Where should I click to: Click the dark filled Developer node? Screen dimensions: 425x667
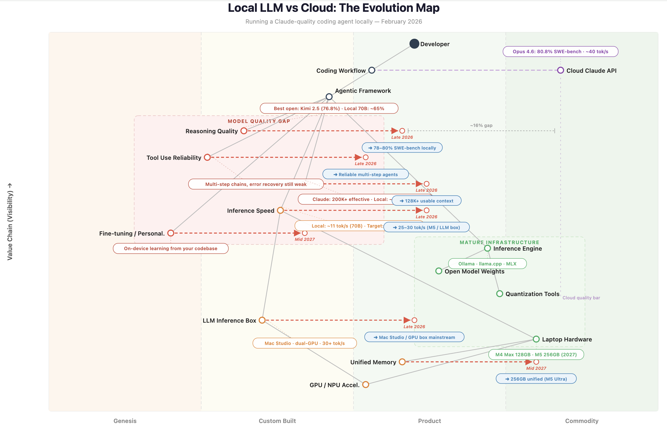[414, 44]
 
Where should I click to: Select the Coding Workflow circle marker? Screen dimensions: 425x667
[372, 70]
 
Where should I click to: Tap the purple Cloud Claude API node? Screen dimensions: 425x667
[560, 70]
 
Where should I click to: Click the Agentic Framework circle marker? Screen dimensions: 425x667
[329, 97]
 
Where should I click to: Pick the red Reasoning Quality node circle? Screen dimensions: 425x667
[244, 131]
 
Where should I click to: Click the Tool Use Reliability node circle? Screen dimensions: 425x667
[207, 157]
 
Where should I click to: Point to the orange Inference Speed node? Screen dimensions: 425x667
[280, 210]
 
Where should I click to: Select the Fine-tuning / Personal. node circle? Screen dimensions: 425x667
[171, 233]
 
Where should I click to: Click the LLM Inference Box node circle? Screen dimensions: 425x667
[262, 320]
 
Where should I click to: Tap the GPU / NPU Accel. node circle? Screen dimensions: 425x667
[366, 385]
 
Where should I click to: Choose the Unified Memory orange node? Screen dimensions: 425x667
[402, 362]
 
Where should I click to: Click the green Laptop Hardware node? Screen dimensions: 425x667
[536, 339]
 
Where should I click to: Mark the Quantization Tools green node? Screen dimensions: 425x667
[499, 294]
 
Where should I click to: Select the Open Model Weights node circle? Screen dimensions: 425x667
[439, 271]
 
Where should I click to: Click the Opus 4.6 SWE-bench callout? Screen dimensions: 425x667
[560, 52]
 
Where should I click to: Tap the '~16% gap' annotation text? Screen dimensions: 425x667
[481, 125]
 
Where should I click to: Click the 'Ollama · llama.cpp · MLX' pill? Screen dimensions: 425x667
[487, 263]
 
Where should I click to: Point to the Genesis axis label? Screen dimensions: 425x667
[125, 420]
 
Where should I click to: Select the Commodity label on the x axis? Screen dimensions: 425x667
[582, 420]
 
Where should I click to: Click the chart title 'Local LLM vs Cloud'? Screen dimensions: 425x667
[333, 8]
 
